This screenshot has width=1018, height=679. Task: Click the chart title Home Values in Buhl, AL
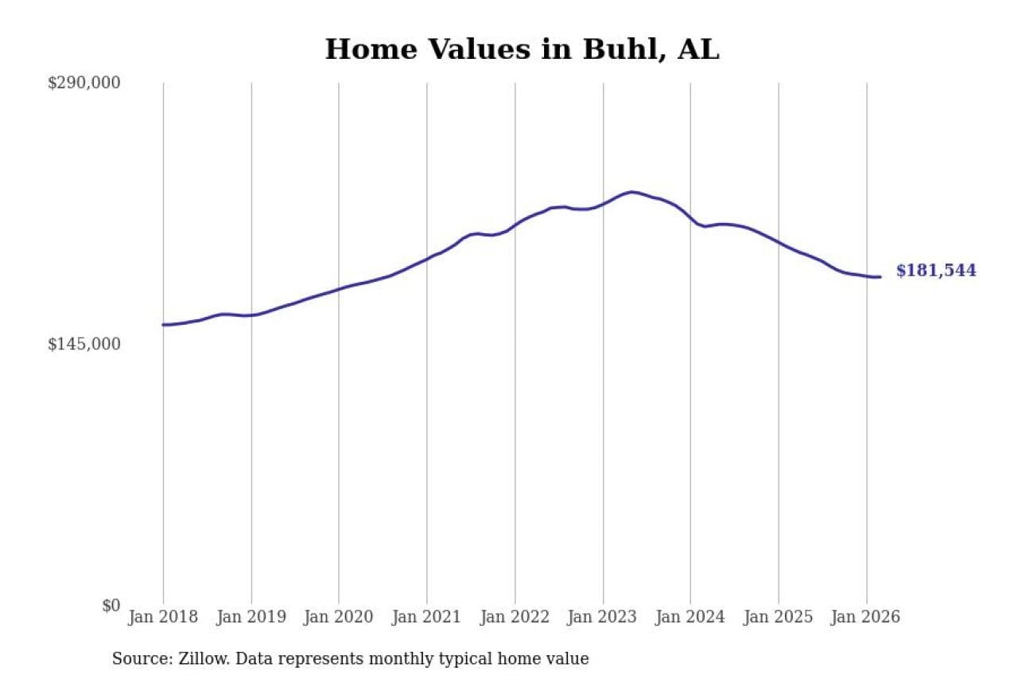coord(522,49)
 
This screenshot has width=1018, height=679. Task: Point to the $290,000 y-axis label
coord(84,83)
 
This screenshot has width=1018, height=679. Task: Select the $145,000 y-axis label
coord(84,344)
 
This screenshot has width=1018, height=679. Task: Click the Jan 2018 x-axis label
coord(163,618)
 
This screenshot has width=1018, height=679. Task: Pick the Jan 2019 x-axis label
coord(251,618)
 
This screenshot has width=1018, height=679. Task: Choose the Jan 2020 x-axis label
coord(339,618)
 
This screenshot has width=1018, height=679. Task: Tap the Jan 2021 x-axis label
coord(427,618)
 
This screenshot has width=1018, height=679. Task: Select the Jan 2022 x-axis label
coord(515,618)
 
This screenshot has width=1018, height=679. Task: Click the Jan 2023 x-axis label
coord(603,618)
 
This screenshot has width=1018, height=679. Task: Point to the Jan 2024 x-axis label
coord(690,618)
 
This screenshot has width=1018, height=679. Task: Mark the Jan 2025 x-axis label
coord(779,618)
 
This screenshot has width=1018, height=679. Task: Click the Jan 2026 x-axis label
coord(866,618)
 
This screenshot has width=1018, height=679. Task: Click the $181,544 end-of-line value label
coord(936,271)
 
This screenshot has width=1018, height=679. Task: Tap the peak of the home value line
coord(631,192)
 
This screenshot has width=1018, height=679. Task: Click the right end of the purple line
coord(880,277)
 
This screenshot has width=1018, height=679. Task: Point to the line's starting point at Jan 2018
coord(164,325)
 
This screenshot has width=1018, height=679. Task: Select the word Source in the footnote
coord(136,659)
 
